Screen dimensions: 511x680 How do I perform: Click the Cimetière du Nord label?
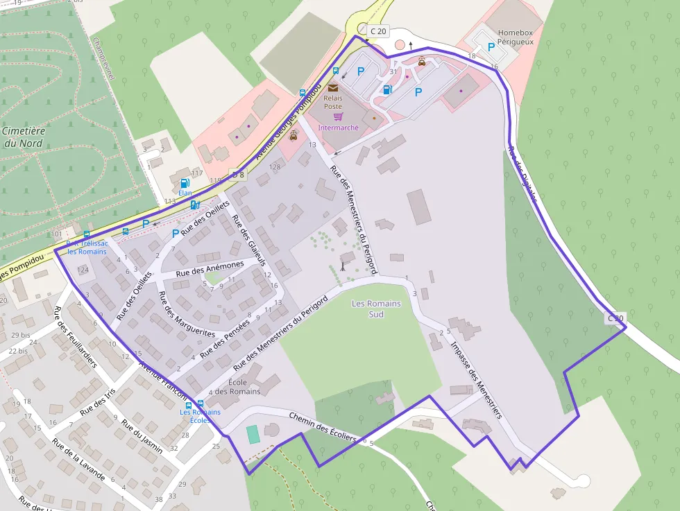tap(23, 137)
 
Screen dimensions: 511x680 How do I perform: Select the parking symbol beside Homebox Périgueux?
tap(491, 47)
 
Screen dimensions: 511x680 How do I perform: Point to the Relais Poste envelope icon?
tap(333, 88)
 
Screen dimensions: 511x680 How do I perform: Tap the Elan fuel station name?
tap(185, 193)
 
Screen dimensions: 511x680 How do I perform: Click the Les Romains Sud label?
tap(377, 309)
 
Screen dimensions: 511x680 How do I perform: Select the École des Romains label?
tap(237, 387)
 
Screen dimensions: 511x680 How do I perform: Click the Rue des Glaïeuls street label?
tap(248, 240)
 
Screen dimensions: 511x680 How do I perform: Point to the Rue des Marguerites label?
tap(187, 315)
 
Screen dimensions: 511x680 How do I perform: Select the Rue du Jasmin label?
tap(142, 436)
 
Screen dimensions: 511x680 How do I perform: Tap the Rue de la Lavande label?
tap(78, 460)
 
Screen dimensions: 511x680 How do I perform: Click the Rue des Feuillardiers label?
tap(76, 338)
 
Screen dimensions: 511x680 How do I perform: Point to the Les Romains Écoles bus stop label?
tap(200, 416)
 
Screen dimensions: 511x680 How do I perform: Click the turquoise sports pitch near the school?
tap(253, 435)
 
